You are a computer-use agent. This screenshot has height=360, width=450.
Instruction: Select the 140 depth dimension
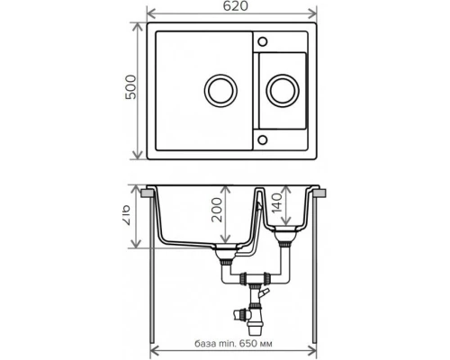[x=285, y=209]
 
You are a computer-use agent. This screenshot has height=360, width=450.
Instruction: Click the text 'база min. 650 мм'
[x=233, y=343]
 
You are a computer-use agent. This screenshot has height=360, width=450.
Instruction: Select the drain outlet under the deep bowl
[x=222, y=259]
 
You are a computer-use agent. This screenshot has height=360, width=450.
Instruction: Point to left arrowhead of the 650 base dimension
[x=155, y=352]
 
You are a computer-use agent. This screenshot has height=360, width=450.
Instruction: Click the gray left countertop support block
[x=145, y=193]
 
